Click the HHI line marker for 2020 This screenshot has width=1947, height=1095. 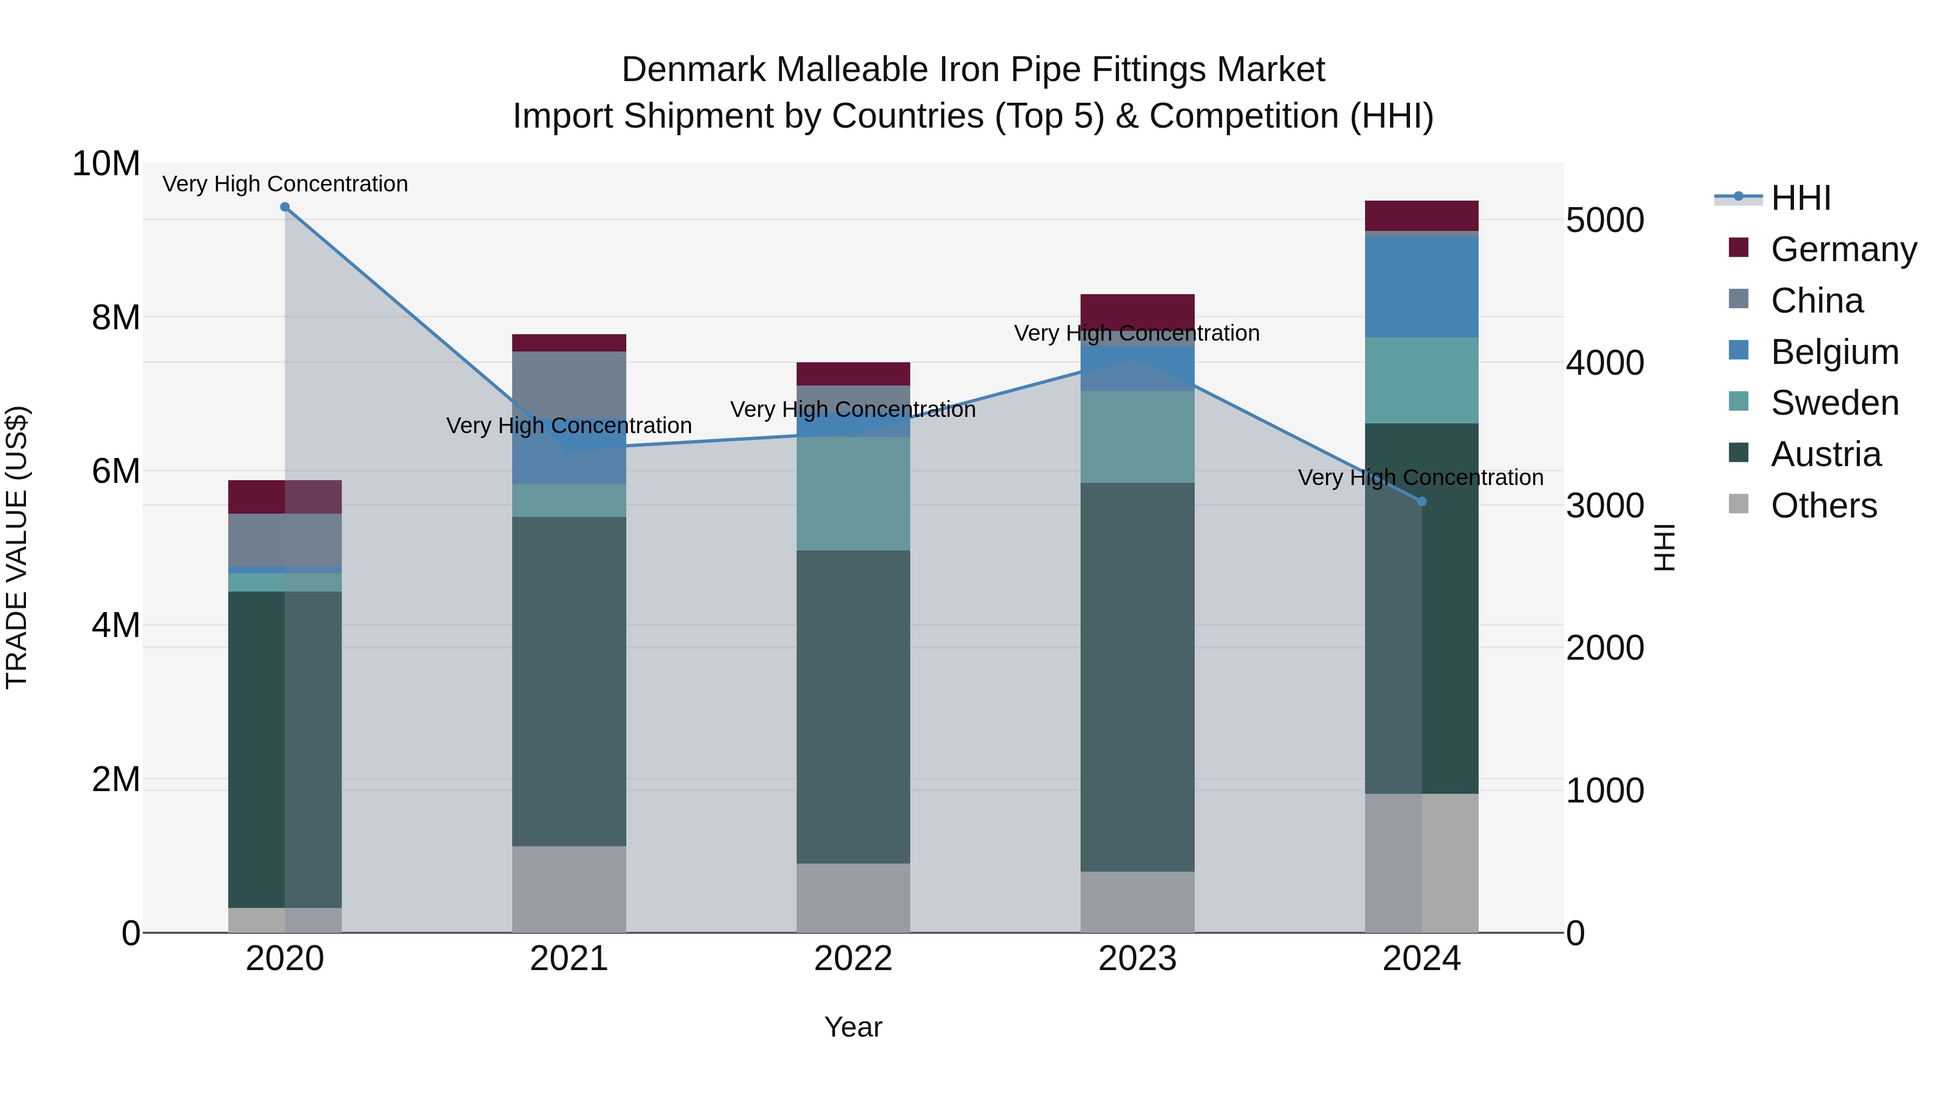click(x=285, y=207)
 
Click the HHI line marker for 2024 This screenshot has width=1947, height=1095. click(x=1422, y=502)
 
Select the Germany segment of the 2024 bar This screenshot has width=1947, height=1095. click(x=1422, y=215)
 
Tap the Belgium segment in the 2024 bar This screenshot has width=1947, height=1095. click(x=1422, y=287)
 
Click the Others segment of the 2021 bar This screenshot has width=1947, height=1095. click(x=569, y=890)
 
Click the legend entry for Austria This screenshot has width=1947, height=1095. click(x=1825, y=455)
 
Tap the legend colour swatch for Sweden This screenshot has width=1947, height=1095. click(x=1738, y=401)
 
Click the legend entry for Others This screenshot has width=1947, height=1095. click(x=1823, y=506)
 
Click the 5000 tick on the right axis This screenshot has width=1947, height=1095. click(x=1605, y=221)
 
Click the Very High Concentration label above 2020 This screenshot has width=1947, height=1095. click(x=285, y=184)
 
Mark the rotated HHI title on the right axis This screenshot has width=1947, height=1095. click(x=1665, y=547)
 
